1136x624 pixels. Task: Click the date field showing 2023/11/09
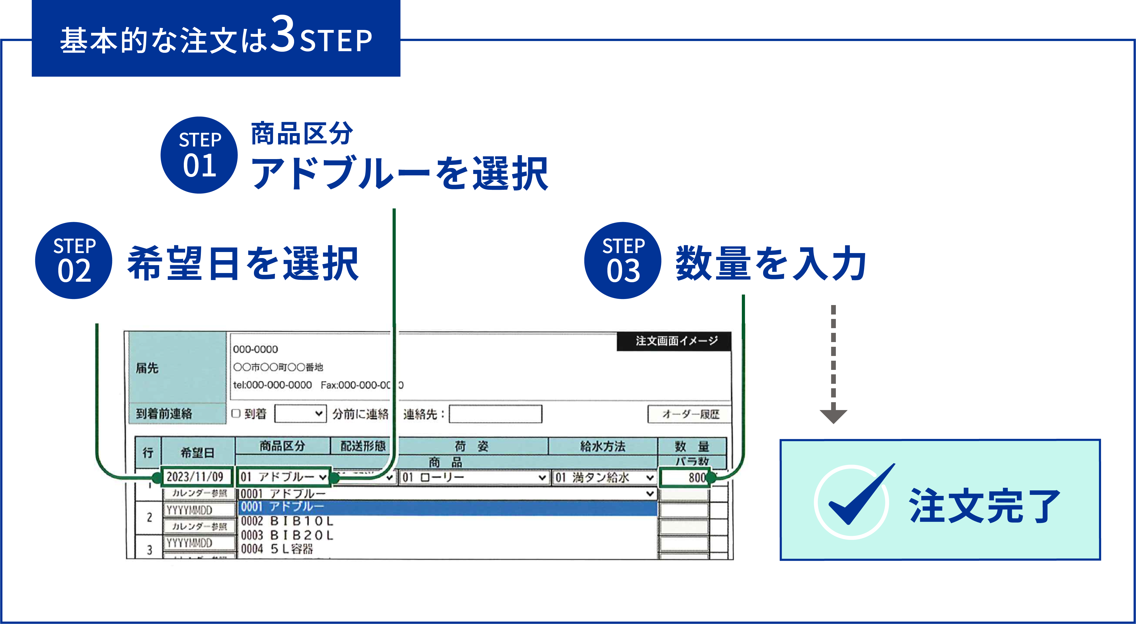[196, 477]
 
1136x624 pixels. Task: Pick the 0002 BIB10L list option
[288, 521]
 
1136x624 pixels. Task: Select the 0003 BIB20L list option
[288, 535]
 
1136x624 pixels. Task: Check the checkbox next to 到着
[236, 414]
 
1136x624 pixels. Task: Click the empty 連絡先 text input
[495, 414]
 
